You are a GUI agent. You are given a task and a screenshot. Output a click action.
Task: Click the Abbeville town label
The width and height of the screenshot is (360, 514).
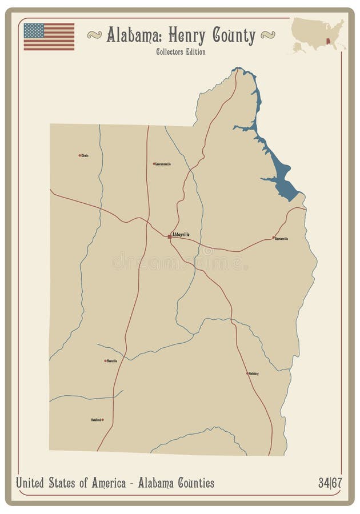[181, 234]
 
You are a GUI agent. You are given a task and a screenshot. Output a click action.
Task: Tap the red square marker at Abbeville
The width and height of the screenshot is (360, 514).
[169, 236]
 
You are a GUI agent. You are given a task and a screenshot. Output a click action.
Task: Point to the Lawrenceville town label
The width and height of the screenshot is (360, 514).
[163, 164]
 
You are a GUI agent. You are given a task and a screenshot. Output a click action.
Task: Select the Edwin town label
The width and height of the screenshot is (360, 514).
[85, 155]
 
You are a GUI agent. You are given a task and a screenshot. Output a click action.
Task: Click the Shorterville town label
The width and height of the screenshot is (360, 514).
[282, 239]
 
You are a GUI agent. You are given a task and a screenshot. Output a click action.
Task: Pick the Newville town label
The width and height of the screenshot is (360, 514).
[112, 361]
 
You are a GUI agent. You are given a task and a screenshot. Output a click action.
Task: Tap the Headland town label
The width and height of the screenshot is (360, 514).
[96, 420]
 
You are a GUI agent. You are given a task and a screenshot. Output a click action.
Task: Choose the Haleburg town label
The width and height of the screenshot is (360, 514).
[254, 374]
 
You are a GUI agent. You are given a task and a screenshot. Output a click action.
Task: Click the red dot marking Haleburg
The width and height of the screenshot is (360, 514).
[247, 374]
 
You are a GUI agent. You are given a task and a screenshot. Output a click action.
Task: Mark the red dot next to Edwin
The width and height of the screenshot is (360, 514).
[79, 155]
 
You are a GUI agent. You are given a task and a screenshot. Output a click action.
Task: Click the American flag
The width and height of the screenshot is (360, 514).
[49, 37]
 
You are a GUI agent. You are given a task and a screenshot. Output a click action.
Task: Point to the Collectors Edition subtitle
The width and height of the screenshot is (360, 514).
[180, 52]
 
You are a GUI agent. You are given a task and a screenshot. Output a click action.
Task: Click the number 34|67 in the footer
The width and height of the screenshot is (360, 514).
[330, 484]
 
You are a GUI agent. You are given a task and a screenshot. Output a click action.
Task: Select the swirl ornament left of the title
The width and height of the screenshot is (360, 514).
[94, 35]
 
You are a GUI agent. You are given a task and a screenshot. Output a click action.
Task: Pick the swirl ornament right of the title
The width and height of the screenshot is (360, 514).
[267, 35]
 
